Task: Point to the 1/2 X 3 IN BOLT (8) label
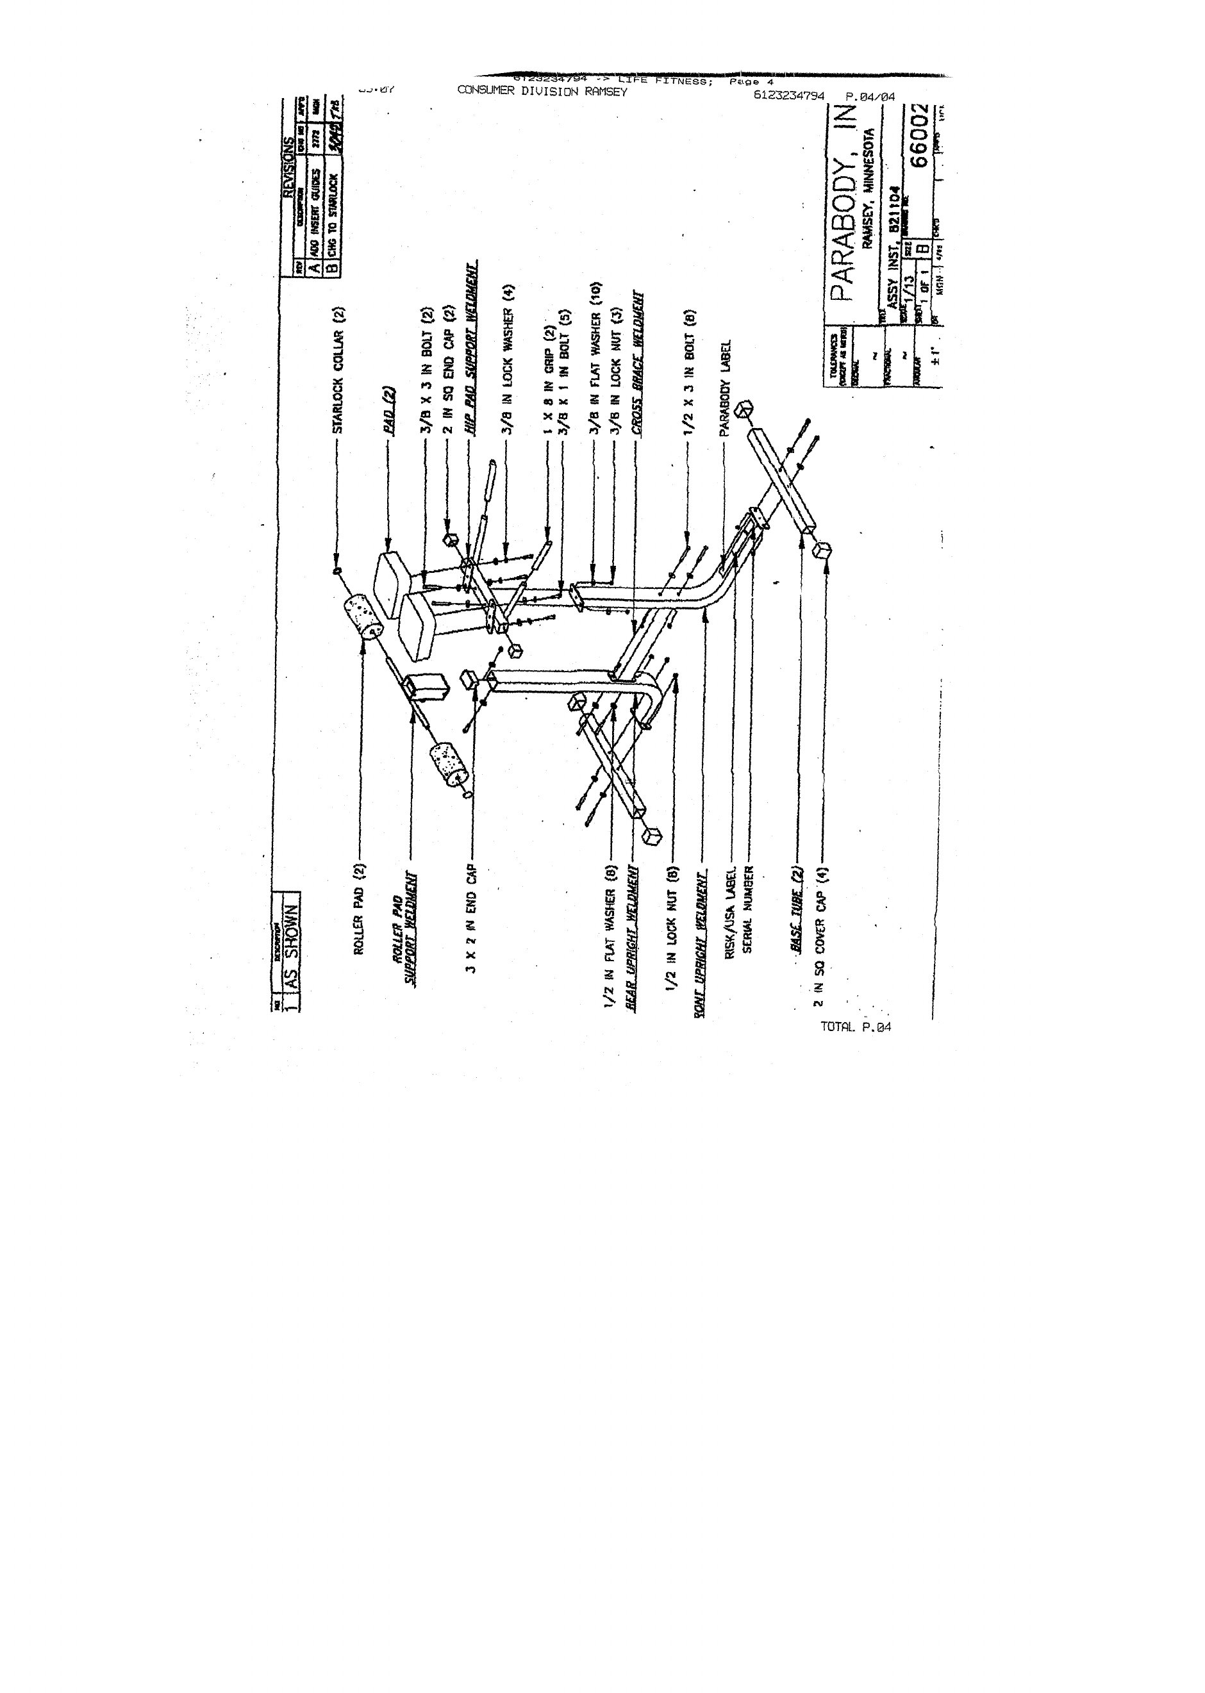tap(689, 372)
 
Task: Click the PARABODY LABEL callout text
tap(726, 387)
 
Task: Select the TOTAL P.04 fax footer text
tap(855, 1027)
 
